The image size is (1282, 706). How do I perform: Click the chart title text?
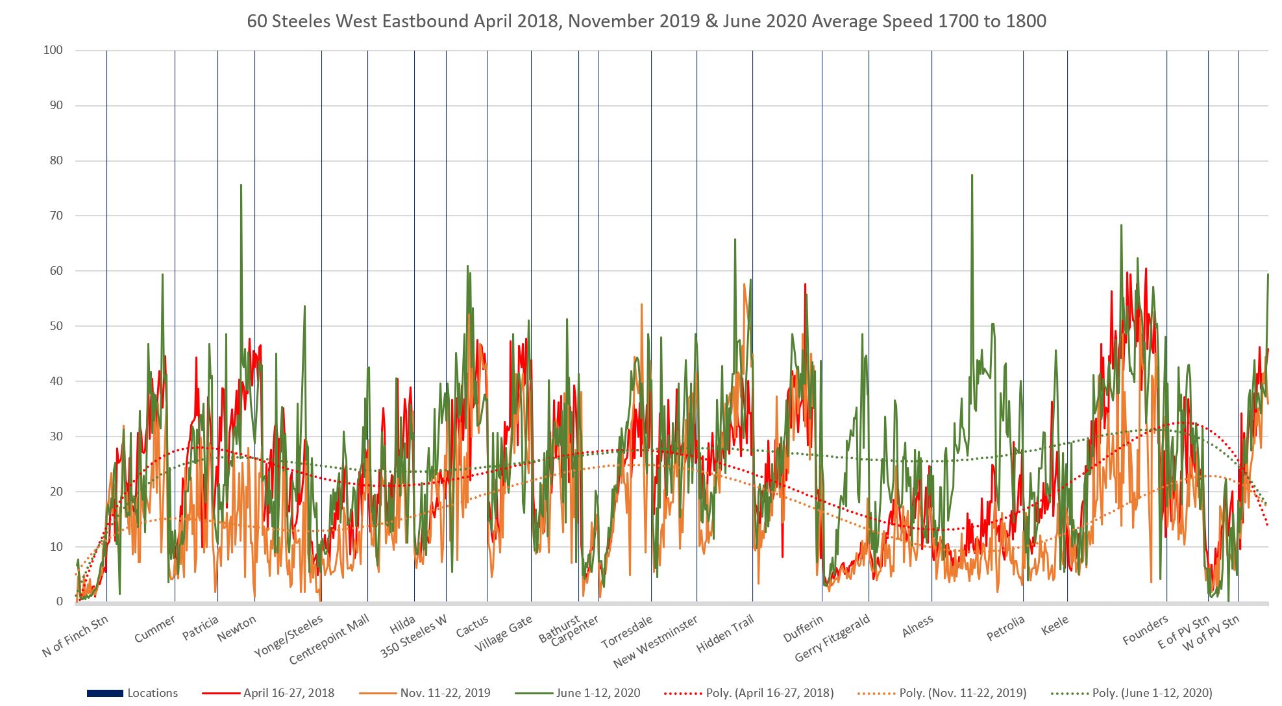[646, 21]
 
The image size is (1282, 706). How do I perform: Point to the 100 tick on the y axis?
[53, 50]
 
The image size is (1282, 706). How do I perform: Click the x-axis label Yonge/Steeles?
[289, 637]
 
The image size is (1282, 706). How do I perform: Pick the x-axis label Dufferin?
[804, 628]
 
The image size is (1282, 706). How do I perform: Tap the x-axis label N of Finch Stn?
[75, 636]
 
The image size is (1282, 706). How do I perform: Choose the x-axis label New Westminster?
[656, 642]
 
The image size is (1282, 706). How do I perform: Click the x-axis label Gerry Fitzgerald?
[832, 639]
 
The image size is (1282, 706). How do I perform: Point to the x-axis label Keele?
[1055, 626]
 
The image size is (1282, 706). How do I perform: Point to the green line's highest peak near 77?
[972, 175]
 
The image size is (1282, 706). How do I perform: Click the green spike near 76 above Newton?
[241, 185]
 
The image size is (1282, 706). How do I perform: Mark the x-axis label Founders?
[1146, 631]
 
